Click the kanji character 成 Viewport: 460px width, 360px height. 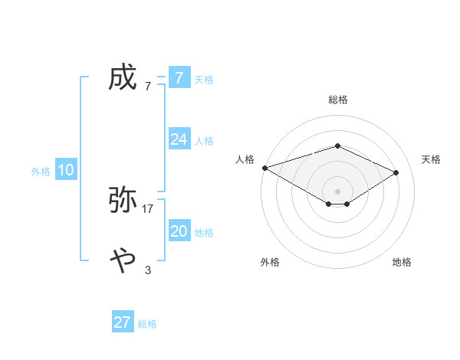click(123, 77)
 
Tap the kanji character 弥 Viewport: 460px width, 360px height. click(123, 200)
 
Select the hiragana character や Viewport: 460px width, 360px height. click(123, 261)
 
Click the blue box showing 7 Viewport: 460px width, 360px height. click(179, 77)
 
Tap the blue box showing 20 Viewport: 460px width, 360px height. click(179, 231)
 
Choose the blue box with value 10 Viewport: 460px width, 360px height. click(66, 170)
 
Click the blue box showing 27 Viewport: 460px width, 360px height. click(122, 322)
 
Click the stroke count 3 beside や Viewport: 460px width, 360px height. click(148, 270)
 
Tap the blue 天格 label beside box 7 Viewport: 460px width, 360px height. click(203, 79)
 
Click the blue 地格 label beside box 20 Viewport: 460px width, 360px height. click(203, 232)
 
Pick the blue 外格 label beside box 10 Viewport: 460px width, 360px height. click(41, 172)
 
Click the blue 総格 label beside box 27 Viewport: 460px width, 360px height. click(147, 324)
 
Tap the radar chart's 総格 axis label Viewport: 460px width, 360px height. click(337, 100)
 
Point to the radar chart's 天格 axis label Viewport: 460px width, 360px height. click(431, 159)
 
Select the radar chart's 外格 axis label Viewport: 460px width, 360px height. click(270, 262)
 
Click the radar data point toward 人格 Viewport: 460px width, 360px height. click(264, 167)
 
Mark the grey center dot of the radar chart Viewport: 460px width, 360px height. click(337, 191)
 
